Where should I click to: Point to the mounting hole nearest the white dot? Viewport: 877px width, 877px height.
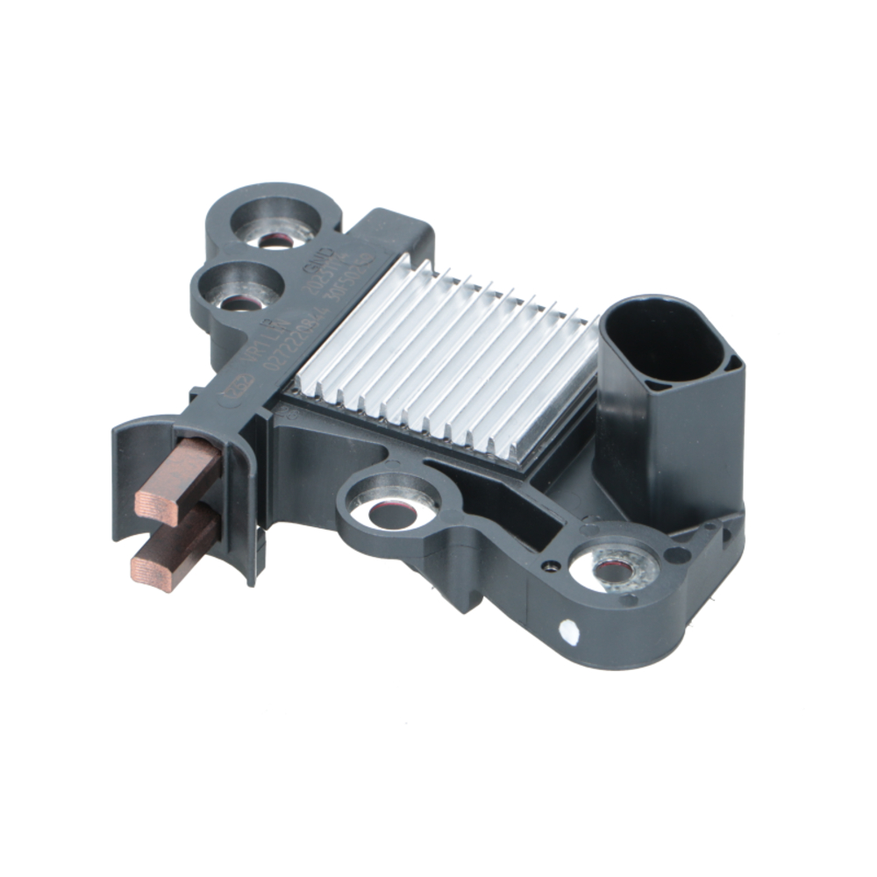(615, 571)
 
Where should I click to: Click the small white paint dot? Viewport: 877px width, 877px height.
(568, 629)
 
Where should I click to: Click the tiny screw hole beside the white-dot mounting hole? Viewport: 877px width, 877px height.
(550, 566)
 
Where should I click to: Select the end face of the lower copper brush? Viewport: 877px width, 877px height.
(145, 567)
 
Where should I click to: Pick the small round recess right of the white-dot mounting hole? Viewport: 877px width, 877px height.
(677, 554)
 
